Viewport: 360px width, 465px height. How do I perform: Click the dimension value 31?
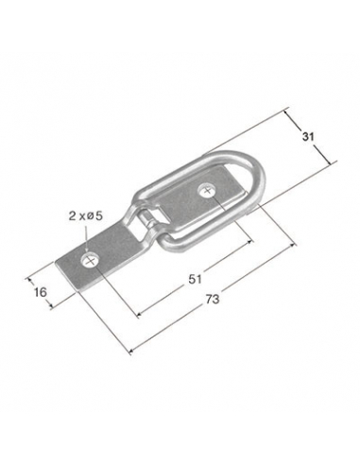click(308, 137)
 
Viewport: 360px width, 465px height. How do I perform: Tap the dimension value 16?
click(40, 292)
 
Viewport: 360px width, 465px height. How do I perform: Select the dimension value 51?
click(195, 279)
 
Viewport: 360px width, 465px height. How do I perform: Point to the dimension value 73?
click(213, 299)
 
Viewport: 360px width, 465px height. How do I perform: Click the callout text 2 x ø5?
click(86, 216)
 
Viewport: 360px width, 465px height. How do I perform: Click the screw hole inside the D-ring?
click(207, 190)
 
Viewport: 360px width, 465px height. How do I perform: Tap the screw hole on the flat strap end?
click(90, 260)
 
